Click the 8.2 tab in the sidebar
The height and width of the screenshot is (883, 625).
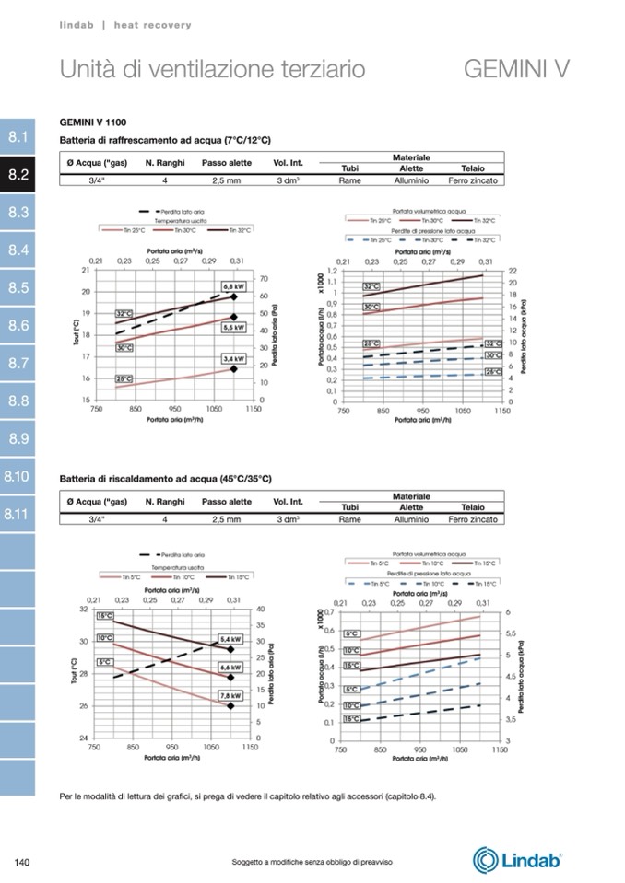18,175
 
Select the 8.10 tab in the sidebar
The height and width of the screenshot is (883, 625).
18,477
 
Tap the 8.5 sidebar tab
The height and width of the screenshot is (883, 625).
18,288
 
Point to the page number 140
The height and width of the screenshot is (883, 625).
24,862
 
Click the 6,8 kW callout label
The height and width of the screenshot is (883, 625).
233,286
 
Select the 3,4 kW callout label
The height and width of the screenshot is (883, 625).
233,358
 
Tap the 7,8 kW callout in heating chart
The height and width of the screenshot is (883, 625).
230,696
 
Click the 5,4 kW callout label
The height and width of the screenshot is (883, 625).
230,638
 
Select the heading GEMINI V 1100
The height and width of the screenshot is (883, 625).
93,122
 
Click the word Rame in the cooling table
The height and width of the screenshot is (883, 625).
349,180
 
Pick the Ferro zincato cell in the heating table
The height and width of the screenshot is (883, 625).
473,519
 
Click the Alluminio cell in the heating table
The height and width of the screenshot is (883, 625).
411,519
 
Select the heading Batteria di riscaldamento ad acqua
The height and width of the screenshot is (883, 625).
165,479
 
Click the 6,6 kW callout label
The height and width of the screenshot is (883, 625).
230,667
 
